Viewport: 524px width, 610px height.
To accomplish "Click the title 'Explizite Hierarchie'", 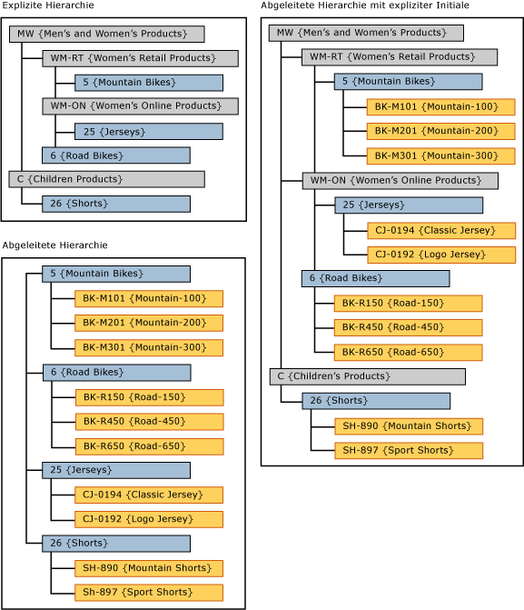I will tap(47, 6).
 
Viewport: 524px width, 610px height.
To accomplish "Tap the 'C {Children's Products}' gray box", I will tap(367, 376).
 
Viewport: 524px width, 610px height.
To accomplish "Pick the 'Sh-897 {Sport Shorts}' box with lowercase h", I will tap(149, 593).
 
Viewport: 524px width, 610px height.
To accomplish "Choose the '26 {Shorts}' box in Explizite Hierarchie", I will tap(115, 204).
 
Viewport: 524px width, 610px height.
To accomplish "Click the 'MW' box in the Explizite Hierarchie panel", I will tap(106, 35).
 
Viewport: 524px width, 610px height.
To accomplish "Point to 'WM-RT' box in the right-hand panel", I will tap(400, 57).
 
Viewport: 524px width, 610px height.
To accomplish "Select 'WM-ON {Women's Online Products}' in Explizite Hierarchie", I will tap(140, 106).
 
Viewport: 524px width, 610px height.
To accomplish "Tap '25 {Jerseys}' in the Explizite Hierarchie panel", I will tap(148, 131).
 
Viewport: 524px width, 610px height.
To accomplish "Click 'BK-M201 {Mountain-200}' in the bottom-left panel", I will tap(149, 323).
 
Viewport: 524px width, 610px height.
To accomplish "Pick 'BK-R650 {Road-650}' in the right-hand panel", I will tap(408, 353).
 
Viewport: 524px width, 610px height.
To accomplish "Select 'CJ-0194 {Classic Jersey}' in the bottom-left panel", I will tap(149, 495).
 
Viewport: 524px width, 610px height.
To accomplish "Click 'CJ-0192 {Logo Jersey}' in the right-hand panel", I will tap(440, 255).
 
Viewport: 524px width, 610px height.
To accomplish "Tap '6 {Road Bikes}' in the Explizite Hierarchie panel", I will tap(115, 155).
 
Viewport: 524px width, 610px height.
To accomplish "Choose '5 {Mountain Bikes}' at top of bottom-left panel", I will tap(115, 274).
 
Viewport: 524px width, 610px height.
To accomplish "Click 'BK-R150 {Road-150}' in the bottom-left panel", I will tap(149, 397).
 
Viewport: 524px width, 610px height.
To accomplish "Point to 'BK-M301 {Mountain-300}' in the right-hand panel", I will tap(440, 155).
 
